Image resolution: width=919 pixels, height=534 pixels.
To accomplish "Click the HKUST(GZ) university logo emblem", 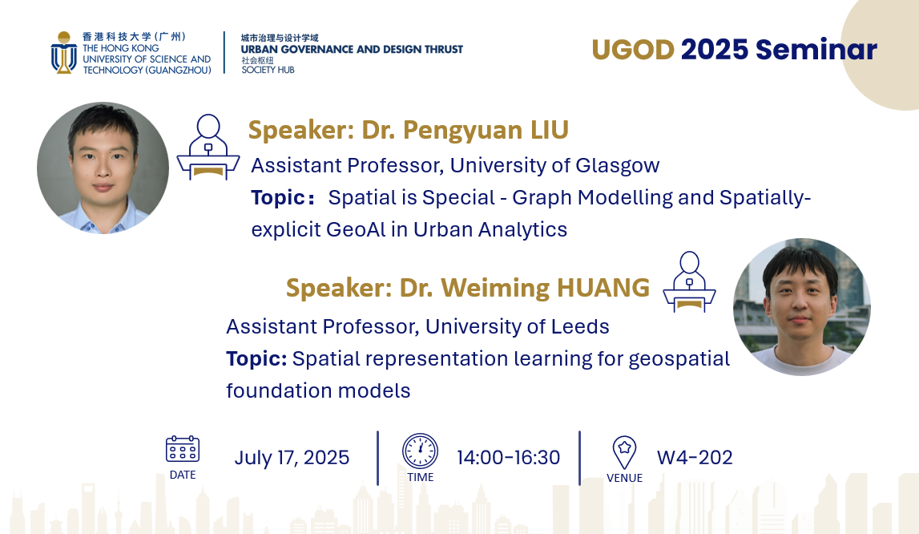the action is pyautogui.click(x=64, y=53).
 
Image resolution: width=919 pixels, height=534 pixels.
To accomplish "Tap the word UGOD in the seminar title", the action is pyautogui.click(x=633, y=50).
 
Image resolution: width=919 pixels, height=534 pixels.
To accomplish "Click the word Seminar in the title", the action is pyautogui.click(x=816, y=49).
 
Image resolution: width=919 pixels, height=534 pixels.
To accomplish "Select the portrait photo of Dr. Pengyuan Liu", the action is pyautogui.click(x=103, y=168).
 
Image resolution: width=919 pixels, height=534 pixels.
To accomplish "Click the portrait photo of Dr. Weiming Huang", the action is pyautogui.click(x=802, y=307).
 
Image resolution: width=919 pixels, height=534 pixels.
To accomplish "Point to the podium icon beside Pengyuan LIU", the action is pyautogui.click(x=208, y=147).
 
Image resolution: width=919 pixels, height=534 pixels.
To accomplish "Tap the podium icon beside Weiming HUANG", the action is pyautogui.click(x=689, y=281).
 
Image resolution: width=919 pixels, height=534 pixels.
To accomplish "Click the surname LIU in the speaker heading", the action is pyautogui.click(x=550, y=130).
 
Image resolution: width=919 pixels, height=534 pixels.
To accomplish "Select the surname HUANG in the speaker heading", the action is pyautogui.click(x=603, y=288).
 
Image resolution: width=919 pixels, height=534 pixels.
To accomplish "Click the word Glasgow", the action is pyautogui.click(x=618, y=166).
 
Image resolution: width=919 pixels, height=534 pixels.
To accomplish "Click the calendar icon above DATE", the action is pyautogui.click(x=182, y=450).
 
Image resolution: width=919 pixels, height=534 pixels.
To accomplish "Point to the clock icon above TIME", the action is pyautogui.click(x=420, y=451).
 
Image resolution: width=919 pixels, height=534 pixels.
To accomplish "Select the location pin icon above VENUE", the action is pyautogui.click(x=624, y=452).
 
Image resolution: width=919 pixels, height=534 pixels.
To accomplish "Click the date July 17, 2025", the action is pyautogui.click(x=292, y=458).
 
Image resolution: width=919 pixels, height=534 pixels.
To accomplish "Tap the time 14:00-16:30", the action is pyautogui.click(x=509, y=458).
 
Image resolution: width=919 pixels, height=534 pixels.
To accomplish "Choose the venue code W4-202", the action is pyautogui.click(x=695, y=458).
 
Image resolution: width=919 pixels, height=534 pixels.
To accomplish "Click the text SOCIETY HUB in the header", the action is pyautogui.click(x=268, y=70).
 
